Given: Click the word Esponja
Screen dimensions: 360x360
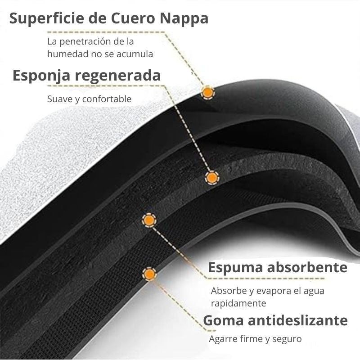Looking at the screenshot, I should point(41,76).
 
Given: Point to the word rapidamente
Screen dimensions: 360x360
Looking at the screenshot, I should point(238,303).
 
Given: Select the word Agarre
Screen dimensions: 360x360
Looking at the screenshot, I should point(223,339).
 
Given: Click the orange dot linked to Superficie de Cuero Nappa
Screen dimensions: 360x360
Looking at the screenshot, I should point(207,92).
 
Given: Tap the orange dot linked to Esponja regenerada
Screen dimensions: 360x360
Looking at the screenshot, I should point(211,178).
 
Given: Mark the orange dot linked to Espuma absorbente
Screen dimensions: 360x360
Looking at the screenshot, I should point(148,220).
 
